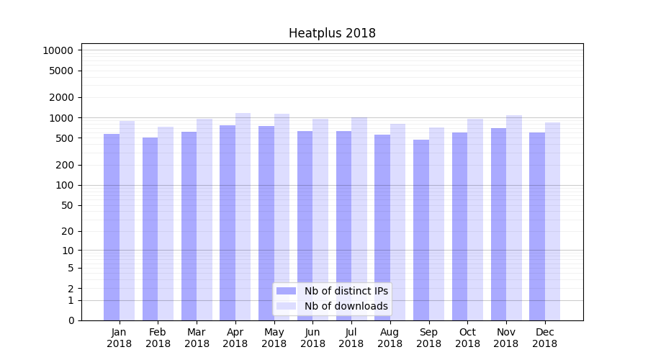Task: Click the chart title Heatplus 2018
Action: click(332, 33)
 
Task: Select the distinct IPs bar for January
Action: click(112, 227)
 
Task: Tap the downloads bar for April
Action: click(243, 216)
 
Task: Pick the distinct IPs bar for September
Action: click(420, 230)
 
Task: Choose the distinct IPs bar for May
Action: click(266, 223)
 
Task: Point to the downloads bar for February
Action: click(166, 223)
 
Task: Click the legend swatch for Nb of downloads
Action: click(287, 306)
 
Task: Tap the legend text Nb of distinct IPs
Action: click(346, 291)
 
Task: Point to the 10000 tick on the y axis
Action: click(58, 50)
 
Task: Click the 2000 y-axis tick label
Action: click(60, 97)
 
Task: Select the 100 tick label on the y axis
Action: click(63, 185)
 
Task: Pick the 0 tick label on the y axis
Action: click(71, 320)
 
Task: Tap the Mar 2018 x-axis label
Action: click(197, 338)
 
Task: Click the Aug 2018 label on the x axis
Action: click(390, 338)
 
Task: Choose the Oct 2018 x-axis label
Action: click(467, 338)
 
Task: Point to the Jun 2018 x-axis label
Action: click(312, 338)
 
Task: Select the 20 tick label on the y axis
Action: click(66, 231)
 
